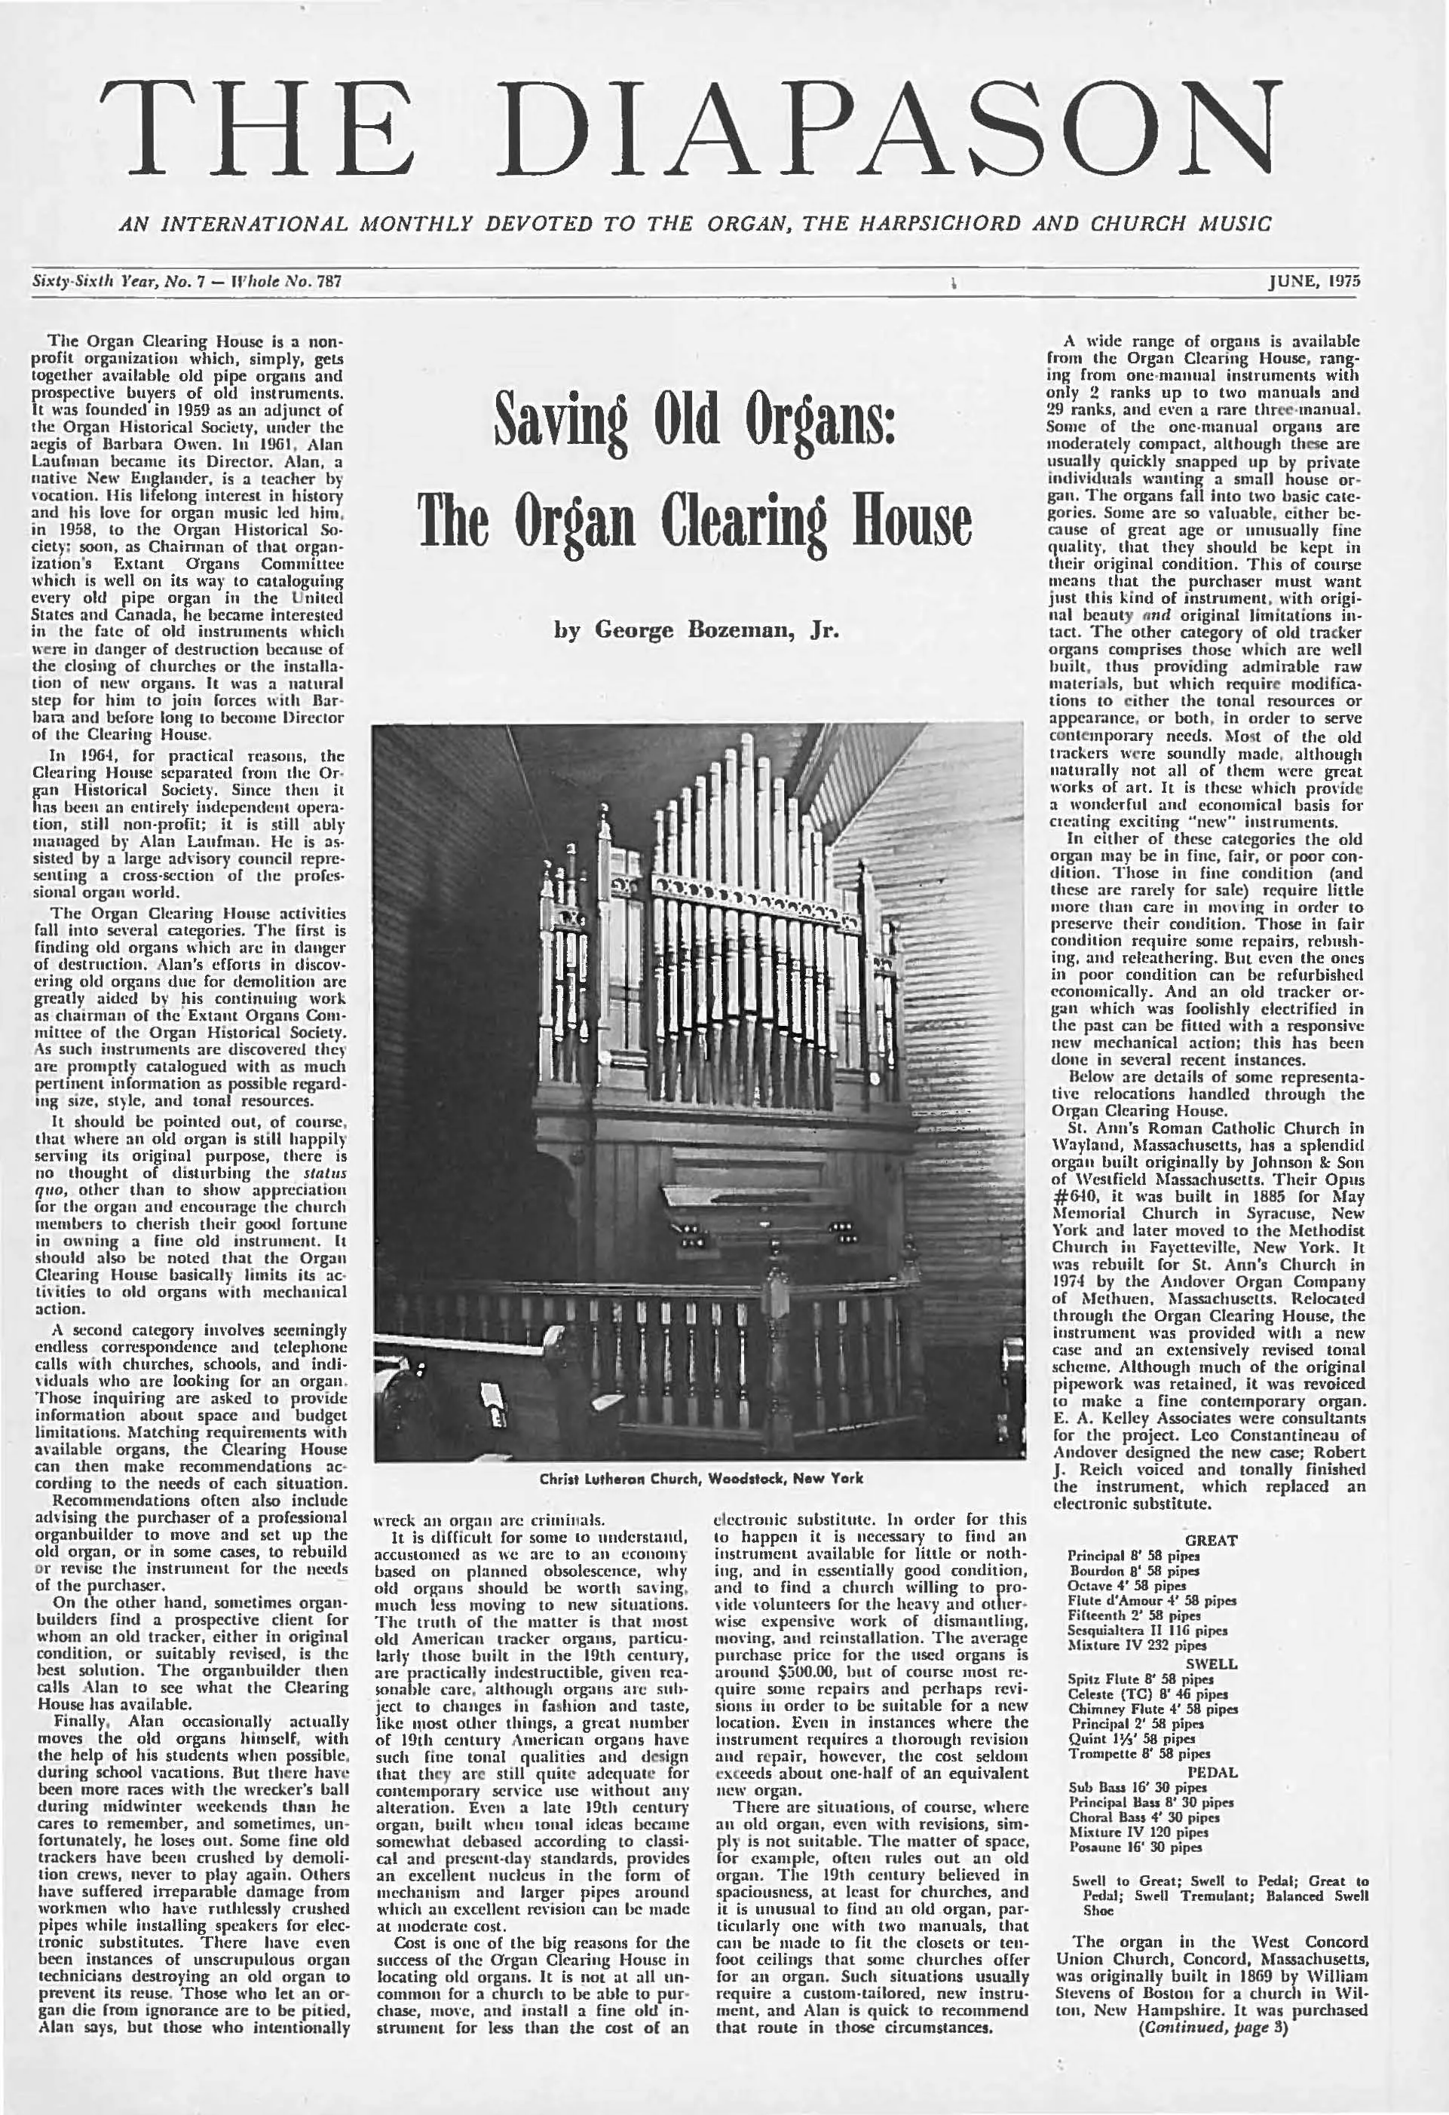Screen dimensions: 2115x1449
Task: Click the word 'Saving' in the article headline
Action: coord(556,422)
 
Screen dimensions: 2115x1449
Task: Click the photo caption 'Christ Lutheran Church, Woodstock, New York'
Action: coord(701,1478)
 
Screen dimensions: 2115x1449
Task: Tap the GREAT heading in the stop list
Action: coord(1212,1540)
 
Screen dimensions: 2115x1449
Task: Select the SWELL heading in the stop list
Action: coord(1215,1664)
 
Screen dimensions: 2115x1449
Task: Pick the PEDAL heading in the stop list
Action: coord(1212,1773)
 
